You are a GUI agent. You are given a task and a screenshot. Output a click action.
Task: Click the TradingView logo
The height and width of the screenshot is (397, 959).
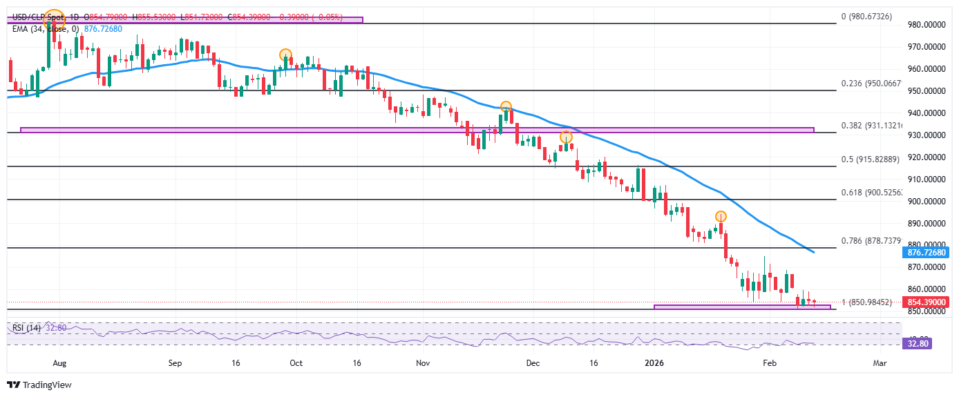click(39, 385)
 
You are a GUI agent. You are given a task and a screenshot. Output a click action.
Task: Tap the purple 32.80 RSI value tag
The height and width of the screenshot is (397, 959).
click(918, 342)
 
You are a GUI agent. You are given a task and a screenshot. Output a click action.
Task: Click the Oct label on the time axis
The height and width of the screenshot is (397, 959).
click(296, 362)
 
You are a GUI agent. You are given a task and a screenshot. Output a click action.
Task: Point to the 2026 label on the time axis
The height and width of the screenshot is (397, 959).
click(653, 362)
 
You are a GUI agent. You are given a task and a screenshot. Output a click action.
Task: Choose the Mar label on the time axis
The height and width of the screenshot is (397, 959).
click(880, 362)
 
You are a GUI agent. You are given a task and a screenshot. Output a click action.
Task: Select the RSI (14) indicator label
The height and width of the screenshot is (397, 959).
click(26, 328)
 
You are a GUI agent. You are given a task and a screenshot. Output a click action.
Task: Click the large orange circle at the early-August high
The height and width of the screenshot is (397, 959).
click(53, 19)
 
